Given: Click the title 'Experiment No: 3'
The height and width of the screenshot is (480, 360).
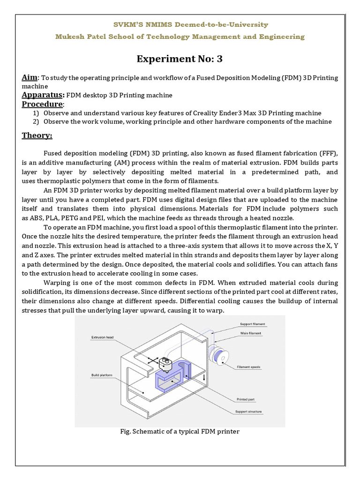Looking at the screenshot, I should [180, 59].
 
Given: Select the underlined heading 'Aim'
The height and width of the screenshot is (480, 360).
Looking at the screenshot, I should [30, 77].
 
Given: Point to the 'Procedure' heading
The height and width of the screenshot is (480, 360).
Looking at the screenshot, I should [42, 104].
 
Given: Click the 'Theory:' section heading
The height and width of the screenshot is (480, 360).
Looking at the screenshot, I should [37, 135].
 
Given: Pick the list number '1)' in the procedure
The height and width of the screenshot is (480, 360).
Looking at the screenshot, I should [36, 113].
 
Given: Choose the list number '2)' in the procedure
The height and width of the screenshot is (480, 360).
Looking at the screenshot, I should [36, 121].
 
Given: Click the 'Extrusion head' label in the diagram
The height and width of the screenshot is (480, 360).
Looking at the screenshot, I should [102, 337].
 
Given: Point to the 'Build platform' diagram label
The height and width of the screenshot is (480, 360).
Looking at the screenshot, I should [102, 375].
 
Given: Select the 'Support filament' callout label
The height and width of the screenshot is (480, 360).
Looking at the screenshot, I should [252, 324].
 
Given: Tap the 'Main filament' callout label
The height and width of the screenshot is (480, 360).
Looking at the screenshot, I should [251, 333].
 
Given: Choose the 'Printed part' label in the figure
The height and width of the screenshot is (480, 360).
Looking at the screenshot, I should [246, 399].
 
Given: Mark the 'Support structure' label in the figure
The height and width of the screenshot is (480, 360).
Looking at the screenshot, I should [248, 412].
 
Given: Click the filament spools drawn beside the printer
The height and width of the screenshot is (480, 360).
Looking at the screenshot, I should [219, 355].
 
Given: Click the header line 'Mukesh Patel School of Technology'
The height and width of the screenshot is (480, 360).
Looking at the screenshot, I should [180, 37].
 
